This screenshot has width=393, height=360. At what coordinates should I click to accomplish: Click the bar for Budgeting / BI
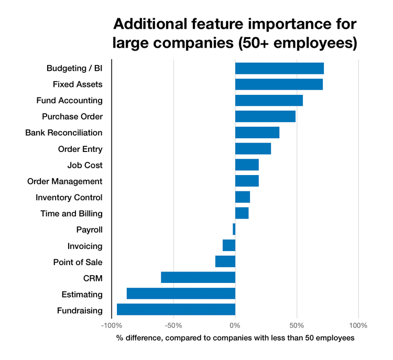click(279, 68)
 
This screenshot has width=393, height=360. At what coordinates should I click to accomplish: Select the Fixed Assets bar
click(279, 84)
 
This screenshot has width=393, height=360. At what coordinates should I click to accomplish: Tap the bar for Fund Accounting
click(269, 101)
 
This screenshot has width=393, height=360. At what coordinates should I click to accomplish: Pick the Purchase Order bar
click(265, 116)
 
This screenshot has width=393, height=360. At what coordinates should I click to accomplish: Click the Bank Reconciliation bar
click(257, 133)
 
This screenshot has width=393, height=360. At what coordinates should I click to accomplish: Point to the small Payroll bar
click(234, 230)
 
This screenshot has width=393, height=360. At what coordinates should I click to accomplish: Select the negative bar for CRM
click(198, 278)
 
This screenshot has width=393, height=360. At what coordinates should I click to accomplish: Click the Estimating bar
click(181, 294)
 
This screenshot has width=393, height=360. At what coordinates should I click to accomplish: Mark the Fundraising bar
click(176, 310)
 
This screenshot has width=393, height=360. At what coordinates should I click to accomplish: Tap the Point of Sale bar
click(225, 261)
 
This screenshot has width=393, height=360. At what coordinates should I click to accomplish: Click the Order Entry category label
click(80, 149)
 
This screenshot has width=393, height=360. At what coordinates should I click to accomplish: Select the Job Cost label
click(85, 165)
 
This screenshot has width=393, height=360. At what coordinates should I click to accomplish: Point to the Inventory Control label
click(69, 198)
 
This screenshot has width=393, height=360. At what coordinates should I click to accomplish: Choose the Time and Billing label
click(71, 214)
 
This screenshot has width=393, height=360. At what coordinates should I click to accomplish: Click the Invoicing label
click(85, 246)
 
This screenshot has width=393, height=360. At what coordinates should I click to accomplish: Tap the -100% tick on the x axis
click(111, 325)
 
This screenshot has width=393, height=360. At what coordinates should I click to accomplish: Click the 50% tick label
click(297, 325)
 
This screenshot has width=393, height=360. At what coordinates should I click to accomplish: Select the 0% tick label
click(235, 325)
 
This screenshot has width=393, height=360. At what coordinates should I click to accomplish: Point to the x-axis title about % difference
click(235, 339)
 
